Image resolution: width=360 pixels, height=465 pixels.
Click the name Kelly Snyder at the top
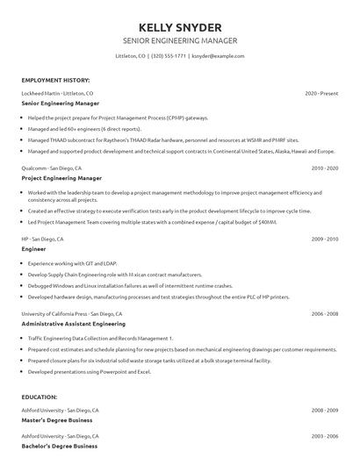[180, 27]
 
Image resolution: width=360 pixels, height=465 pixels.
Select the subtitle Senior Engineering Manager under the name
[180, 41]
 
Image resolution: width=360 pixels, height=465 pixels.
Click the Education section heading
[40, 397]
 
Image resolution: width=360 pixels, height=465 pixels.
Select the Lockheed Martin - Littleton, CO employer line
[57, 92]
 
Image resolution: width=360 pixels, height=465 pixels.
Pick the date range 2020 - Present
[321, 92]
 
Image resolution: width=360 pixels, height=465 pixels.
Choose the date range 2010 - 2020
[325, 167]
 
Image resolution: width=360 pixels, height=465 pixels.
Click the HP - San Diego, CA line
[42, 238]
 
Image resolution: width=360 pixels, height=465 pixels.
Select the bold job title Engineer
[34, 248]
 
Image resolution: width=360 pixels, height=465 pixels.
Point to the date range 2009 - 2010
[325, 238]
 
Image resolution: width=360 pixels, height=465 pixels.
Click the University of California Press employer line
[72, 313]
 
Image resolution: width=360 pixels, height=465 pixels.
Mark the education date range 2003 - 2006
[325, 435]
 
